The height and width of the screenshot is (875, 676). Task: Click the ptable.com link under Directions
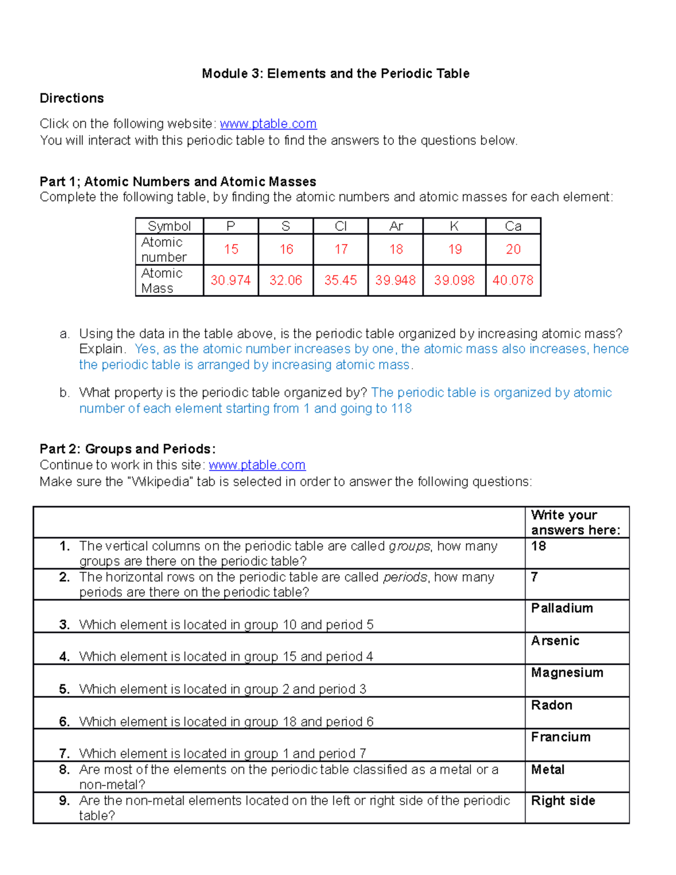point(268,124)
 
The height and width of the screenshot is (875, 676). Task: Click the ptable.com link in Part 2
point(257,465)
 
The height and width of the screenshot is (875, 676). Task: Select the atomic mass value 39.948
point(395,280)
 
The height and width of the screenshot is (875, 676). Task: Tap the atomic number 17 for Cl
point(341,249)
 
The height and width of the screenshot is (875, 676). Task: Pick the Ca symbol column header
point(513,226)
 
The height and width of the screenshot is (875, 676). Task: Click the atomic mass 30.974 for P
point(230,280)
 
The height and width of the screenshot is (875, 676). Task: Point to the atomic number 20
point(513,249)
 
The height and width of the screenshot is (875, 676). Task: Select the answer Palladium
point(562,608)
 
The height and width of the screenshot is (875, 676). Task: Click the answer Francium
point(561,738)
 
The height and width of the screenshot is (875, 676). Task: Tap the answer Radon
point(552,705)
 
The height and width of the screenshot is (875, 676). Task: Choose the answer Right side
point(563,801)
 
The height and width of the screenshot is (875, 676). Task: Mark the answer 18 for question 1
point(539,547)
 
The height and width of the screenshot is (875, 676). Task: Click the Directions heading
point(72,99)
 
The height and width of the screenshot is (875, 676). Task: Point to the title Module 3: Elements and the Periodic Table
point(336,74)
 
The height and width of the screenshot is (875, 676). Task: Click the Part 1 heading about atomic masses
point(177,182)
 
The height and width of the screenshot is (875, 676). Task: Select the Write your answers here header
point(575,522)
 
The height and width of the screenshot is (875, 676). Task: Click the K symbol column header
point(454,226)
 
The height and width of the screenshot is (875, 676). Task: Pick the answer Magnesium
point(567,673)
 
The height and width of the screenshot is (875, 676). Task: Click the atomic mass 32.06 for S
point(286,280)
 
